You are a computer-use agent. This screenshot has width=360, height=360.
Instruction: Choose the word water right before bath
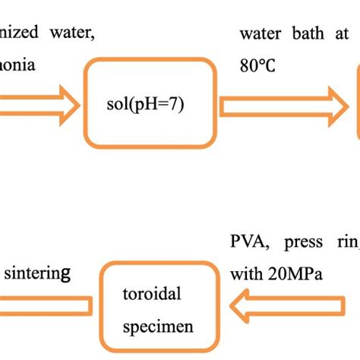point(263,34)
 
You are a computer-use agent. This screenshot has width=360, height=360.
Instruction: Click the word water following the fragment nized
point(76,34)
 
